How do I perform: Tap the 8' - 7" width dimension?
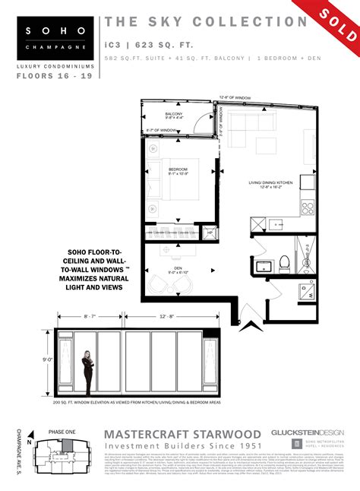(x=68, y=315)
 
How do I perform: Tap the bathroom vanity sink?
(x=263, y=267)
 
